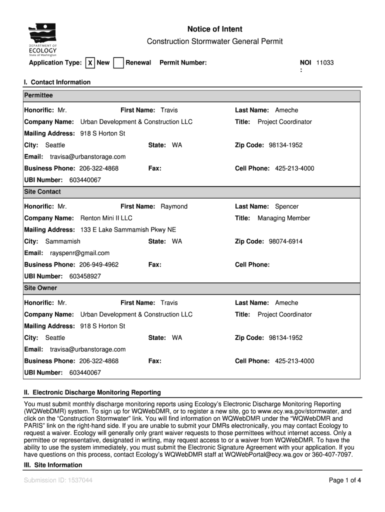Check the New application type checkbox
tap(90, 63)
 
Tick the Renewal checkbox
tap(118, 63)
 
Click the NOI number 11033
tap(324, 63)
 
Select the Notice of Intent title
tap(214, 29)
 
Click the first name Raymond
tap(174, 206)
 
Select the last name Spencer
tap(286, 206)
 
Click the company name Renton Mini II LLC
tap(106, 218)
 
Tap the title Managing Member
tap(283, 218)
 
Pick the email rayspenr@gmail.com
tap(79, 253)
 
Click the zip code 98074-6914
tap(285, 241)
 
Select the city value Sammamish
tap(62, 241)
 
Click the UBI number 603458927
tap(85, 276)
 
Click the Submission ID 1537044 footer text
tap(58, 480)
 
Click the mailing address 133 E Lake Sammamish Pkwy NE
tap(128, 230)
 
